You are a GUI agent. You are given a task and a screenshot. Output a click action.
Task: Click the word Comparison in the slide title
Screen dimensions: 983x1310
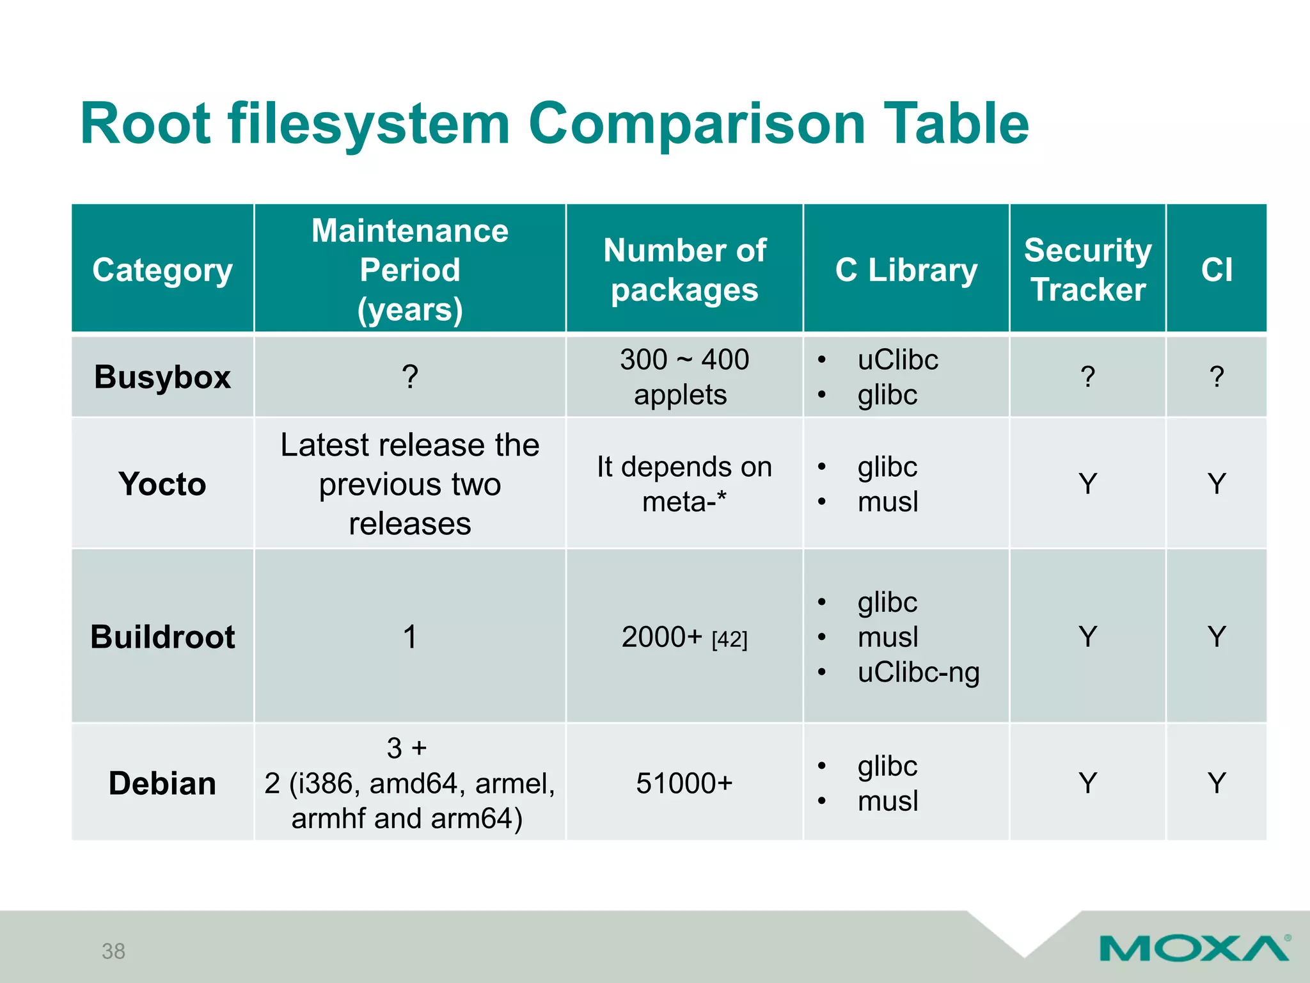[696, 124]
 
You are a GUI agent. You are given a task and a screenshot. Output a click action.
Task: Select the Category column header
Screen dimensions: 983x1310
[162, 270]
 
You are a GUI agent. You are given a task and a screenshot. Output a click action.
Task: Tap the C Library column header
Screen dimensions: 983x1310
[906, 270]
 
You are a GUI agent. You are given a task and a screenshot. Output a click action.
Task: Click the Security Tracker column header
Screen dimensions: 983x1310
[1087, 269]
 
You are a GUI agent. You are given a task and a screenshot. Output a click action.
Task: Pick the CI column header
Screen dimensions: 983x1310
[1216, 270]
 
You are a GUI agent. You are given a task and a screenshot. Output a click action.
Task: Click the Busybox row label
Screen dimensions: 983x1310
[162, 377]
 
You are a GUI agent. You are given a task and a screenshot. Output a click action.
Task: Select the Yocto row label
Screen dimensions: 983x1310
[162, 484]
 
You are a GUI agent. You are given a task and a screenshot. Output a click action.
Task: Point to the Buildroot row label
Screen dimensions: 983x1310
[162, 637]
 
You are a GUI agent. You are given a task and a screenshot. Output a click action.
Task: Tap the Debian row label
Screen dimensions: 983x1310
[162, 783]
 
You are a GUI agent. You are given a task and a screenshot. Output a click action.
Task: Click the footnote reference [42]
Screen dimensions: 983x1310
[729, 639]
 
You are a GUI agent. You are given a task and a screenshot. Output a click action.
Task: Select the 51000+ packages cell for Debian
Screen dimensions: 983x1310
[684, 783]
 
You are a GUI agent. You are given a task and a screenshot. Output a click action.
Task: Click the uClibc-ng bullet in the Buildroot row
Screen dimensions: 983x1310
[918, 673]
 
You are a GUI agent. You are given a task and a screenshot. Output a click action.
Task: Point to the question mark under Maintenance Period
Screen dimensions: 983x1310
[410, 377]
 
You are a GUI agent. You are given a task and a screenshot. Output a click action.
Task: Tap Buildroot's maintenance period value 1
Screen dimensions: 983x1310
[410, 637]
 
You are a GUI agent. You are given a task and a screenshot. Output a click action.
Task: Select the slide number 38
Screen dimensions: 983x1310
[113, 952]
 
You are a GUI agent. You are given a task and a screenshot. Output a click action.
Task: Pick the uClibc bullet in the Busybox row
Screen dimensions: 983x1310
[897, 360]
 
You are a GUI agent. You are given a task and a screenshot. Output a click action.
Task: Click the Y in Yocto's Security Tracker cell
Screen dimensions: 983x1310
[1087, 484]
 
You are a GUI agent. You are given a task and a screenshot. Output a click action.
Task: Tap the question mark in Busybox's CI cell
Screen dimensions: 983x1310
[1216, 377]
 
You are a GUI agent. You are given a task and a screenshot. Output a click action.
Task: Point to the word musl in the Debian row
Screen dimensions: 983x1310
[888, 801]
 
